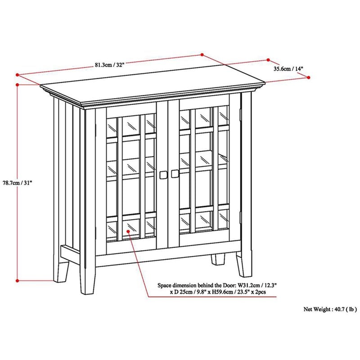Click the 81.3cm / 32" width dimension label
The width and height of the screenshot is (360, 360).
click(109, 65)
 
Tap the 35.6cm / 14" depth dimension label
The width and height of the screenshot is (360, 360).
click(288, 69)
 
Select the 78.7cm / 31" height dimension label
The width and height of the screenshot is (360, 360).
click(17, 183)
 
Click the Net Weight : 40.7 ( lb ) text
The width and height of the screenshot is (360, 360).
click(330, 309)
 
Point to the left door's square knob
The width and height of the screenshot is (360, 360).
click(163, 175)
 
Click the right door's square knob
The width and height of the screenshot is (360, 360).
click(175, 174)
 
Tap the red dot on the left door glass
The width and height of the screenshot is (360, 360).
click(128, 231)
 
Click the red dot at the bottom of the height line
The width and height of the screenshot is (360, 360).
click(17, 280)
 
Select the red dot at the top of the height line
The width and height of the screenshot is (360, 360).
click(17, 85)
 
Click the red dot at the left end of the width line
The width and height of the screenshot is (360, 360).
click(17, 75)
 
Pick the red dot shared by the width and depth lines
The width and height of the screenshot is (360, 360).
click(202, 54)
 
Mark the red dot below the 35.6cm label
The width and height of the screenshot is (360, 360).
click(309, 77)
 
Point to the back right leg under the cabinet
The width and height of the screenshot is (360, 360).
click(218, 260)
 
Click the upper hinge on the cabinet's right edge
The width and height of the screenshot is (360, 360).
click(240, 115)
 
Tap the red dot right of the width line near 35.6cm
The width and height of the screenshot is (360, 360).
click(268, 60)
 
